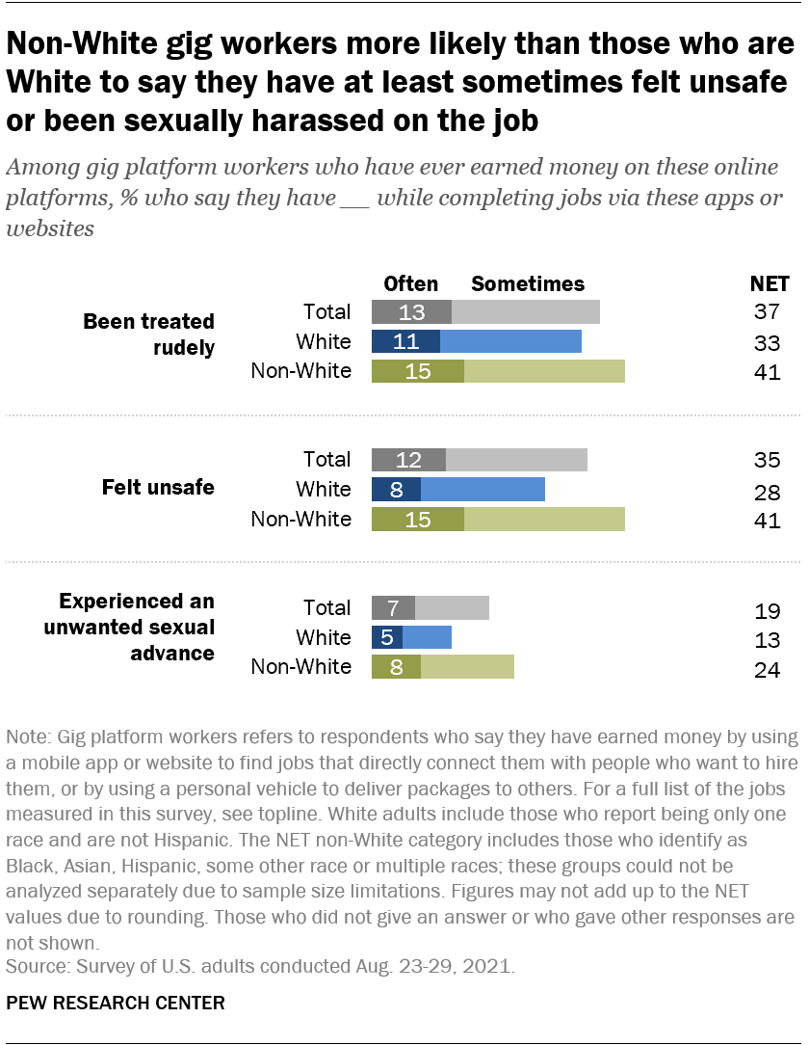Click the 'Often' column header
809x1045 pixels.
(410, 283)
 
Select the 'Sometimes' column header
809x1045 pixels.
(527, 283)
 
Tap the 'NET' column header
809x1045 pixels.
(769, 283)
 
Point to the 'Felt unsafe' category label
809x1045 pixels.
(158, 488)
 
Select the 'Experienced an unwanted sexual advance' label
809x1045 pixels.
(136, 627)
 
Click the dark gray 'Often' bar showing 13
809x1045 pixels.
(411, 311)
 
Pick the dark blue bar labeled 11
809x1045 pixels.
(405, 341)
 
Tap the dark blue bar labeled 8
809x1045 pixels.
(396, 489)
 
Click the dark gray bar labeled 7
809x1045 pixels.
(393, 607)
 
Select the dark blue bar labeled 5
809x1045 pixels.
(387, 637)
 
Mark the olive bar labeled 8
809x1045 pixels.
(396, 667)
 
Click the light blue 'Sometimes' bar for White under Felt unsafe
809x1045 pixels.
(483, 489)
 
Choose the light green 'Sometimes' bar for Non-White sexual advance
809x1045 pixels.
(467, 667)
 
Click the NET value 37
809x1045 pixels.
(767, 311)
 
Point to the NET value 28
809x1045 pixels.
(767, 493)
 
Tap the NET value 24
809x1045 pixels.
(767, 671)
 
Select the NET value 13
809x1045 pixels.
(767, 641)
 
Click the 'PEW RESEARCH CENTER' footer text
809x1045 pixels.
(116, 1003)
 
